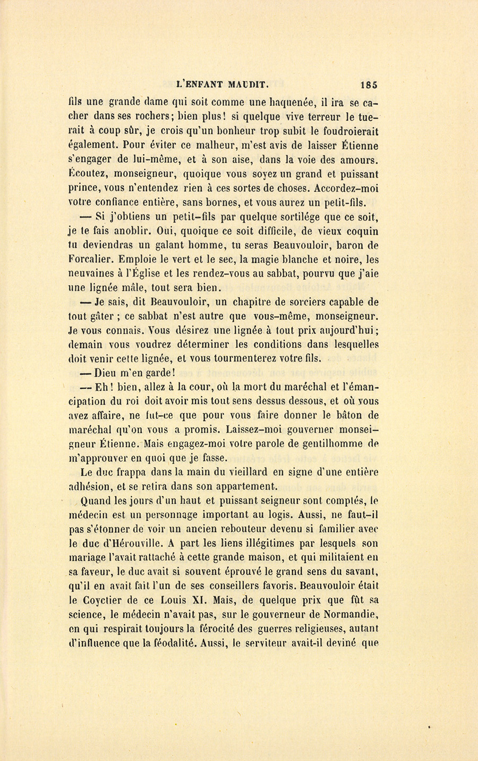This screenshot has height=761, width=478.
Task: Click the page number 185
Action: [x=369, y=84]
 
